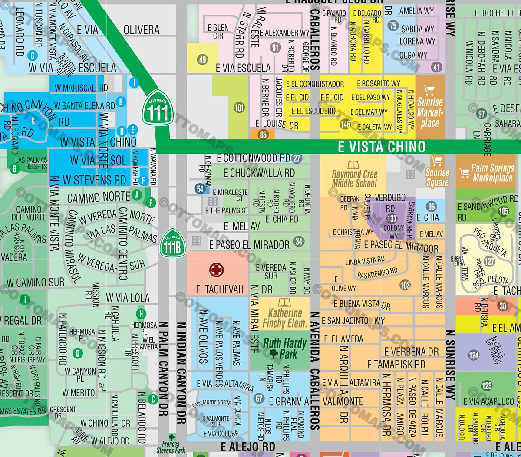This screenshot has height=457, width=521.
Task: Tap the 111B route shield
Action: (173, 243)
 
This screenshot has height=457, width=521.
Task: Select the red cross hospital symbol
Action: (216, 270)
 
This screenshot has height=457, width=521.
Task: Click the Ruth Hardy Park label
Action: (284, 349)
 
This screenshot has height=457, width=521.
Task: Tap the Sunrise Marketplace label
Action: (430, 112)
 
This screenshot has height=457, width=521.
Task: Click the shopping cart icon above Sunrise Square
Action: (436, 161)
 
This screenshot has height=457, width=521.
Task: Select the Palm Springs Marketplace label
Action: (491, 173)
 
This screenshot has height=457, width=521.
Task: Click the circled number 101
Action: (239, 108)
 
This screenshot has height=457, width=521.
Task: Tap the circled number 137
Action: (392, 219)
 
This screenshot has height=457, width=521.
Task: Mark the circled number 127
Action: (489, 261)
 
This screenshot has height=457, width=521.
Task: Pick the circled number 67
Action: (259, 398)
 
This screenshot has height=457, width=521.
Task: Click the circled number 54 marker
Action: (200, 189)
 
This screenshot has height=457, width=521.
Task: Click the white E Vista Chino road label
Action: (382, 147)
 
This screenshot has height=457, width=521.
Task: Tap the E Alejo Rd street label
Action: (247, 447)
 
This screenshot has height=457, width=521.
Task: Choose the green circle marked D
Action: (78, 353)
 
